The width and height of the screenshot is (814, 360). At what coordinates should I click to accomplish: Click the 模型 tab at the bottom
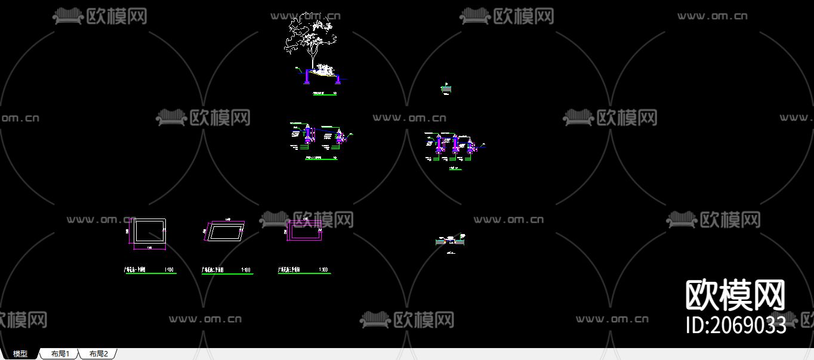tap(20, 353)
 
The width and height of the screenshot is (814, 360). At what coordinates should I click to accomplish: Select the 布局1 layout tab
tap(60, 353)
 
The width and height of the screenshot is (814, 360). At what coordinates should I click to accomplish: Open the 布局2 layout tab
tap(98, 353)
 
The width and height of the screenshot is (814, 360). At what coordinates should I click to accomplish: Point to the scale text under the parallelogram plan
tap(245, 270)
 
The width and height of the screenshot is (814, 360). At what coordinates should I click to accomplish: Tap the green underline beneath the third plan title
tap(304, 273)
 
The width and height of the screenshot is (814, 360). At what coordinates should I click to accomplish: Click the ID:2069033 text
tap(735, 325)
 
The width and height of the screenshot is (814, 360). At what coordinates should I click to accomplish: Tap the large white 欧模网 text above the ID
tap(735, 295)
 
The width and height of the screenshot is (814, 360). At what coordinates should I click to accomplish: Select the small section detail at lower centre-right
tap(451, 241)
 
